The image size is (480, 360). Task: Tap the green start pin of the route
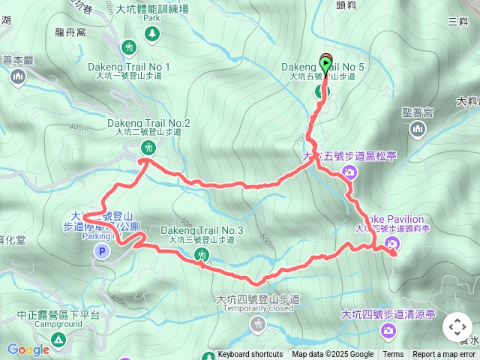click(x=325, y=64)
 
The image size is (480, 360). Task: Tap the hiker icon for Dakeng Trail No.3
click(x=202, y=255)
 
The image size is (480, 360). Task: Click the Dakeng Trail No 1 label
click(x=129, y=67)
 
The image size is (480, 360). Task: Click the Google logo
click(x=28, y=349)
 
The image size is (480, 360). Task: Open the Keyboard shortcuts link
click(x=250, y=355)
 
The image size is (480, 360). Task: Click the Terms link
click(x=393, y=355)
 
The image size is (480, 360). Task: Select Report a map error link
click(x=444, y=355)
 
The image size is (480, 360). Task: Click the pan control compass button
click(x=457, y=327)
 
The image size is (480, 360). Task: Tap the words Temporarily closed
click(x=257, y=308)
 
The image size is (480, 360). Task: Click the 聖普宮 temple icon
click(x=418, y=130)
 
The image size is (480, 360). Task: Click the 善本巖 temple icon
click(x=19, y=76)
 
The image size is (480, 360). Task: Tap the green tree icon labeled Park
click(x=152, y=33)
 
